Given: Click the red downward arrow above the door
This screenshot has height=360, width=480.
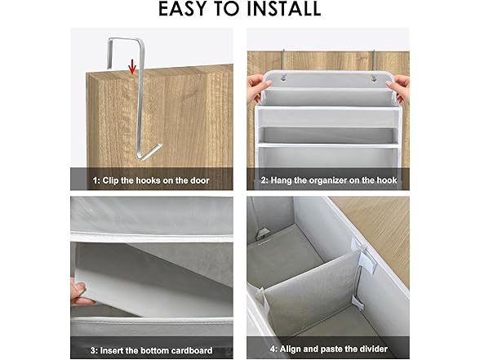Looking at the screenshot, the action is (x=132, y=67).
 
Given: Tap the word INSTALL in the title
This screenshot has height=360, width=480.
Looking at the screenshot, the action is (x=284, y=9).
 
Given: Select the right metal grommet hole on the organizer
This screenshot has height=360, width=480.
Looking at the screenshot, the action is (x=374, y=79).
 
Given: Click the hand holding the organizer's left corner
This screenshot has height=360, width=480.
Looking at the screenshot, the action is (x=256, y=87).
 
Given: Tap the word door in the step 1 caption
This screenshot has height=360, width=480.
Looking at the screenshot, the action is (x=199, y=180).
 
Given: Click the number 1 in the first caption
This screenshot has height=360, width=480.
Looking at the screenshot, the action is (x=96, y=180).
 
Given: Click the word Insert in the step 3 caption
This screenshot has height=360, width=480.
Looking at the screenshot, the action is (x=110, y=350).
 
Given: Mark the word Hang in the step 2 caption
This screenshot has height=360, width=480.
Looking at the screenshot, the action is (x=281, y=180).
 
